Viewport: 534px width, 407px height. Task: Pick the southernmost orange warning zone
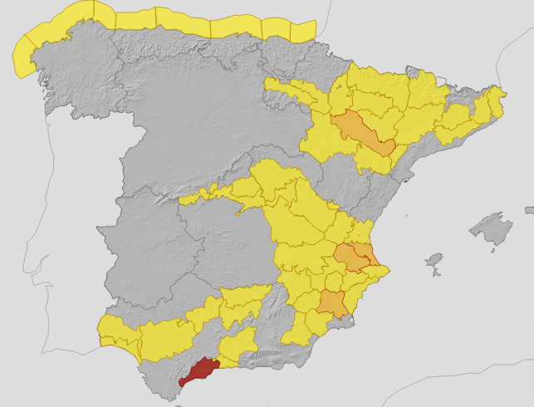pyautogui.click(x=333, y=303)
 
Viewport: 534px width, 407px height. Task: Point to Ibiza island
pyautogui.click(x=434, y=265)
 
